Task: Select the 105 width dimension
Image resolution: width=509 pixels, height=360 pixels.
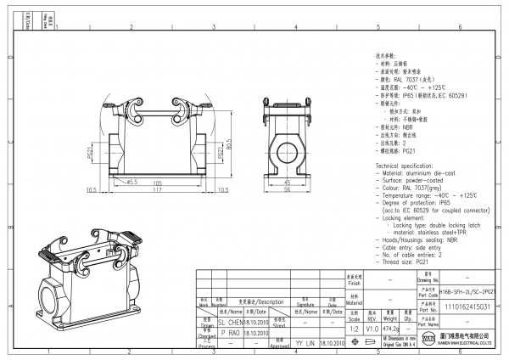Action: pyautogui.click(x=158, y=183)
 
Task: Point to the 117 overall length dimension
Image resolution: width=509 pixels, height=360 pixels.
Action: pyautogui.click(x=158, y=190)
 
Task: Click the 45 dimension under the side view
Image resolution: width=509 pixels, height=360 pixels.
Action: pyautogui.click(x=287, y=183)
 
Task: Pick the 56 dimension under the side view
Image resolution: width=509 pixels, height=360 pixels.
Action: pyautogui.click(x=287, y=190)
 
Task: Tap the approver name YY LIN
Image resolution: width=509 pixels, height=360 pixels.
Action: pyautogui.click(x=305, y=345)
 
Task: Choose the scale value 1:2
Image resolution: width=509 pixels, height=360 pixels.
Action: pyautogui.click(x=354, y=326)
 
